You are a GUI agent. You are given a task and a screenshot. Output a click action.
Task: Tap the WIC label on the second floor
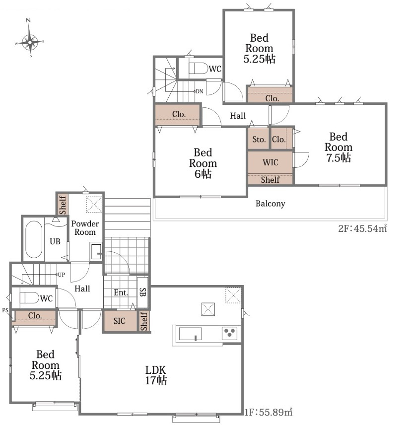point(270,162)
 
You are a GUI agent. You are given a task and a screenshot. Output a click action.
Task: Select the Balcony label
point(270,204)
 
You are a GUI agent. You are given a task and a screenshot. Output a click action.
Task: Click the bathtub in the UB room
point(34,239)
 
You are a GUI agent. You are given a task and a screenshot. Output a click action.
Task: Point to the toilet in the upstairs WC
point(198,69)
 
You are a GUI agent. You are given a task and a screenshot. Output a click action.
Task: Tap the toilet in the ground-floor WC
point(29,298)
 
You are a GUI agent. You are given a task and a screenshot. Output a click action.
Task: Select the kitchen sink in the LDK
point(190,334)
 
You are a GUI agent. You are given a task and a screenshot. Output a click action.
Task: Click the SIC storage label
point(120,321)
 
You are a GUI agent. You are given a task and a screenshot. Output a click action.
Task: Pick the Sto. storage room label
point(259,140)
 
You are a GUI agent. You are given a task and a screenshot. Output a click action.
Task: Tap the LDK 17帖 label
point(156,375)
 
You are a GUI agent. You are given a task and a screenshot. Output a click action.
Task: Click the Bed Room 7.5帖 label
point(339,147)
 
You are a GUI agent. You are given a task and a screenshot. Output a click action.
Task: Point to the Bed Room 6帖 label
point(203,163)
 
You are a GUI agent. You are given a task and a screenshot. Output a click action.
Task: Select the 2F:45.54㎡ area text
point(362,228)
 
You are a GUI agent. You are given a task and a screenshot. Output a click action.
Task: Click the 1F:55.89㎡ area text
point(268,412)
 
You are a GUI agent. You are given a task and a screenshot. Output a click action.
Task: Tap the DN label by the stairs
point(200,91)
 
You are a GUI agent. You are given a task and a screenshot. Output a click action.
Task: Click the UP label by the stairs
point(62,275)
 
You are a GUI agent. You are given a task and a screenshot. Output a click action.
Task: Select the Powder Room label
point(85,227)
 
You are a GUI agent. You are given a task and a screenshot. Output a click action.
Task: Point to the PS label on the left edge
point(5,310)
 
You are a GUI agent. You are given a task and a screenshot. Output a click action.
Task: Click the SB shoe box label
point(143,292)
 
